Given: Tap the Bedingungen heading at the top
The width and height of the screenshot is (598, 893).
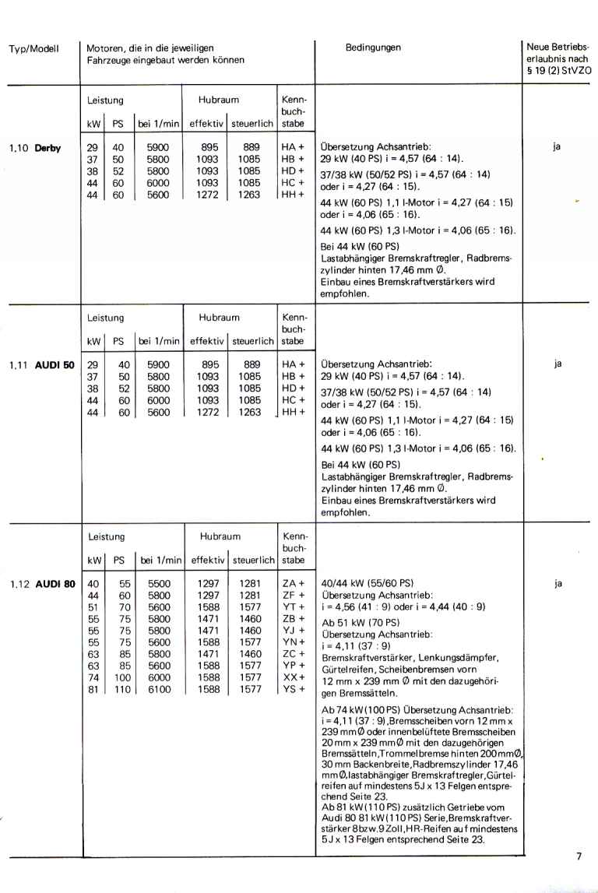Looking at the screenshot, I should pos(373,47).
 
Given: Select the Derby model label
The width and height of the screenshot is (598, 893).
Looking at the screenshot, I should pos(47,146).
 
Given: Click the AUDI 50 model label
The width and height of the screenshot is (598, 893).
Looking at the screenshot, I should pos(53,363).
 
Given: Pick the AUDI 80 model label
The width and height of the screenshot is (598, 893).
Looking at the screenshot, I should pos(53,582).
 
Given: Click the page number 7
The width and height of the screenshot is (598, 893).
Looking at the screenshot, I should pos(579,857).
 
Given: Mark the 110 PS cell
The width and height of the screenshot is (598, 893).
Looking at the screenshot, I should pos(123,690).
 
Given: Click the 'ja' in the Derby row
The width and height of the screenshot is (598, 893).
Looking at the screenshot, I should pos(558,145).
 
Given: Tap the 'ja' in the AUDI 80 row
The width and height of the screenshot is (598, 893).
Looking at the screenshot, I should pos(558,582).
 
